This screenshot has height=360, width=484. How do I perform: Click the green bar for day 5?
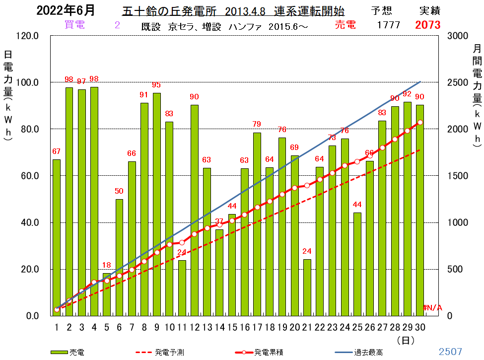107,294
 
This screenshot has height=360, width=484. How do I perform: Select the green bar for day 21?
307,288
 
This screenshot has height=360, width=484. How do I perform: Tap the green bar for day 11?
182,288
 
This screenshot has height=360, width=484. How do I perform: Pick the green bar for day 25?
357,264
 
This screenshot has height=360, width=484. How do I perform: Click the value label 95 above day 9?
156,85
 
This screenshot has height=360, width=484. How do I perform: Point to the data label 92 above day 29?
407,93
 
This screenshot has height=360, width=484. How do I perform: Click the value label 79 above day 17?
257,124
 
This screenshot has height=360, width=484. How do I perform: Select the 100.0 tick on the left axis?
27,82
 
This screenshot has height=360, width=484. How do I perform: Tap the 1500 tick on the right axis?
458,176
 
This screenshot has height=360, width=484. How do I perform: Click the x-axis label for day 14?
219,327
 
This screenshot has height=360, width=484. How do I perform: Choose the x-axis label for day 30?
420,327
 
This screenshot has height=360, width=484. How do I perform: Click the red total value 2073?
427,25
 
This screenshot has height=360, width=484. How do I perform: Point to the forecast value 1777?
389,25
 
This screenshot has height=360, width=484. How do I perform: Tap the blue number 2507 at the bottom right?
450,352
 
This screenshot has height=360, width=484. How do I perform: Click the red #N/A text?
432,307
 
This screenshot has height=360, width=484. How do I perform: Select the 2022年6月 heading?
66,10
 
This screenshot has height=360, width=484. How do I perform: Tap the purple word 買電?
74,25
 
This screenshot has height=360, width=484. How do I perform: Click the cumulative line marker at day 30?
420,123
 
